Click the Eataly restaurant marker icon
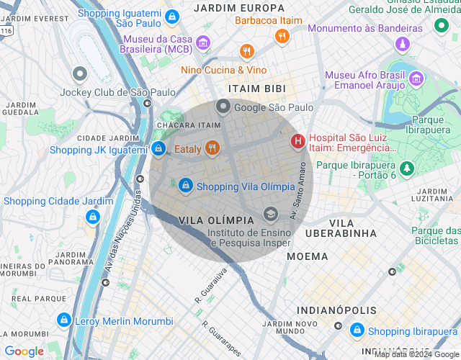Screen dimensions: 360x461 click(x=211, y=148)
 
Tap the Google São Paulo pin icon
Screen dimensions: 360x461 click(x=223, y=107)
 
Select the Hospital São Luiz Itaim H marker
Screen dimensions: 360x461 click(x=297, y=142)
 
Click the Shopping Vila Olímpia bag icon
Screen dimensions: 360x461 click(x=186, y=186)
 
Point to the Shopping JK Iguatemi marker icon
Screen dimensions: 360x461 click(x=158, y=148)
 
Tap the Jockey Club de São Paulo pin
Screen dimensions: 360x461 click(x=80, y=74)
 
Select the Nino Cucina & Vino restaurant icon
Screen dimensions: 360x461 click(x=248, y=51)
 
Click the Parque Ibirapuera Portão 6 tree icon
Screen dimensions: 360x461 click(x=407, y=168)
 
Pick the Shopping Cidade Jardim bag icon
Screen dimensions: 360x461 click(x=92, y=216)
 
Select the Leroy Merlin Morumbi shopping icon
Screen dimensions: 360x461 click(x=64, y=320)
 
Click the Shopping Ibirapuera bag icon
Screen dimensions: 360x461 click(x=357, y=330)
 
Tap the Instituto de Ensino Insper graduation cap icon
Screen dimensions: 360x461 click(x=271, y=213)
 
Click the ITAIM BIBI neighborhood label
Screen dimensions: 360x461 click(x=256, y=89)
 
